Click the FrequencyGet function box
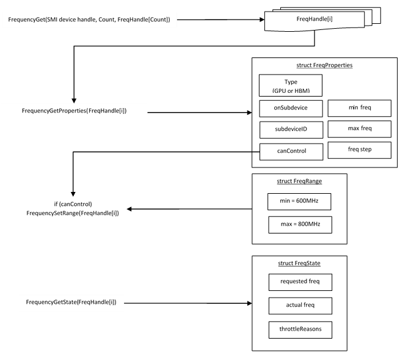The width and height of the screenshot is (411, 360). (x=90, y=20)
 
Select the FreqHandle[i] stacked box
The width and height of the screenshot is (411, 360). (x=314, y=20)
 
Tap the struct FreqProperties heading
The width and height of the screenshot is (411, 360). (x=324, y=65)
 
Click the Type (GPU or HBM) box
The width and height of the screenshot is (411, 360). (x=290, y=86)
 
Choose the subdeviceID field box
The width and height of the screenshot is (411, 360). (x=290, y=130)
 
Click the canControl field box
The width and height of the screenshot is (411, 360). (x=291, y=152)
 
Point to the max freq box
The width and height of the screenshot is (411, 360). (x=359, y=129)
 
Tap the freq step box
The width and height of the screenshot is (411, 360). (x=359, y=150)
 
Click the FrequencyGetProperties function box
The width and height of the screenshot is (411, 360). (x=74, y=112)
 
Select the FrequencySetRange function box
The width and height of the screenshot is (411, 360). (x=73, y=209)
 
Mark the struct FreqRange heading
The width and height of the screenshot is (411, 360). (x=299, y=182)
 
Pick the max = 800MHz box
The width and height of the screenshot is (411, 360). (x=299, y=224)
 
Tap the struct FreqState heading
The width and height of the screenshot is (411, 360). (x=299, y=263)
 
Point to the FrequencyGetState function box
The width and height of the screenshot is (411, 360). (x=71, y=303)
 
